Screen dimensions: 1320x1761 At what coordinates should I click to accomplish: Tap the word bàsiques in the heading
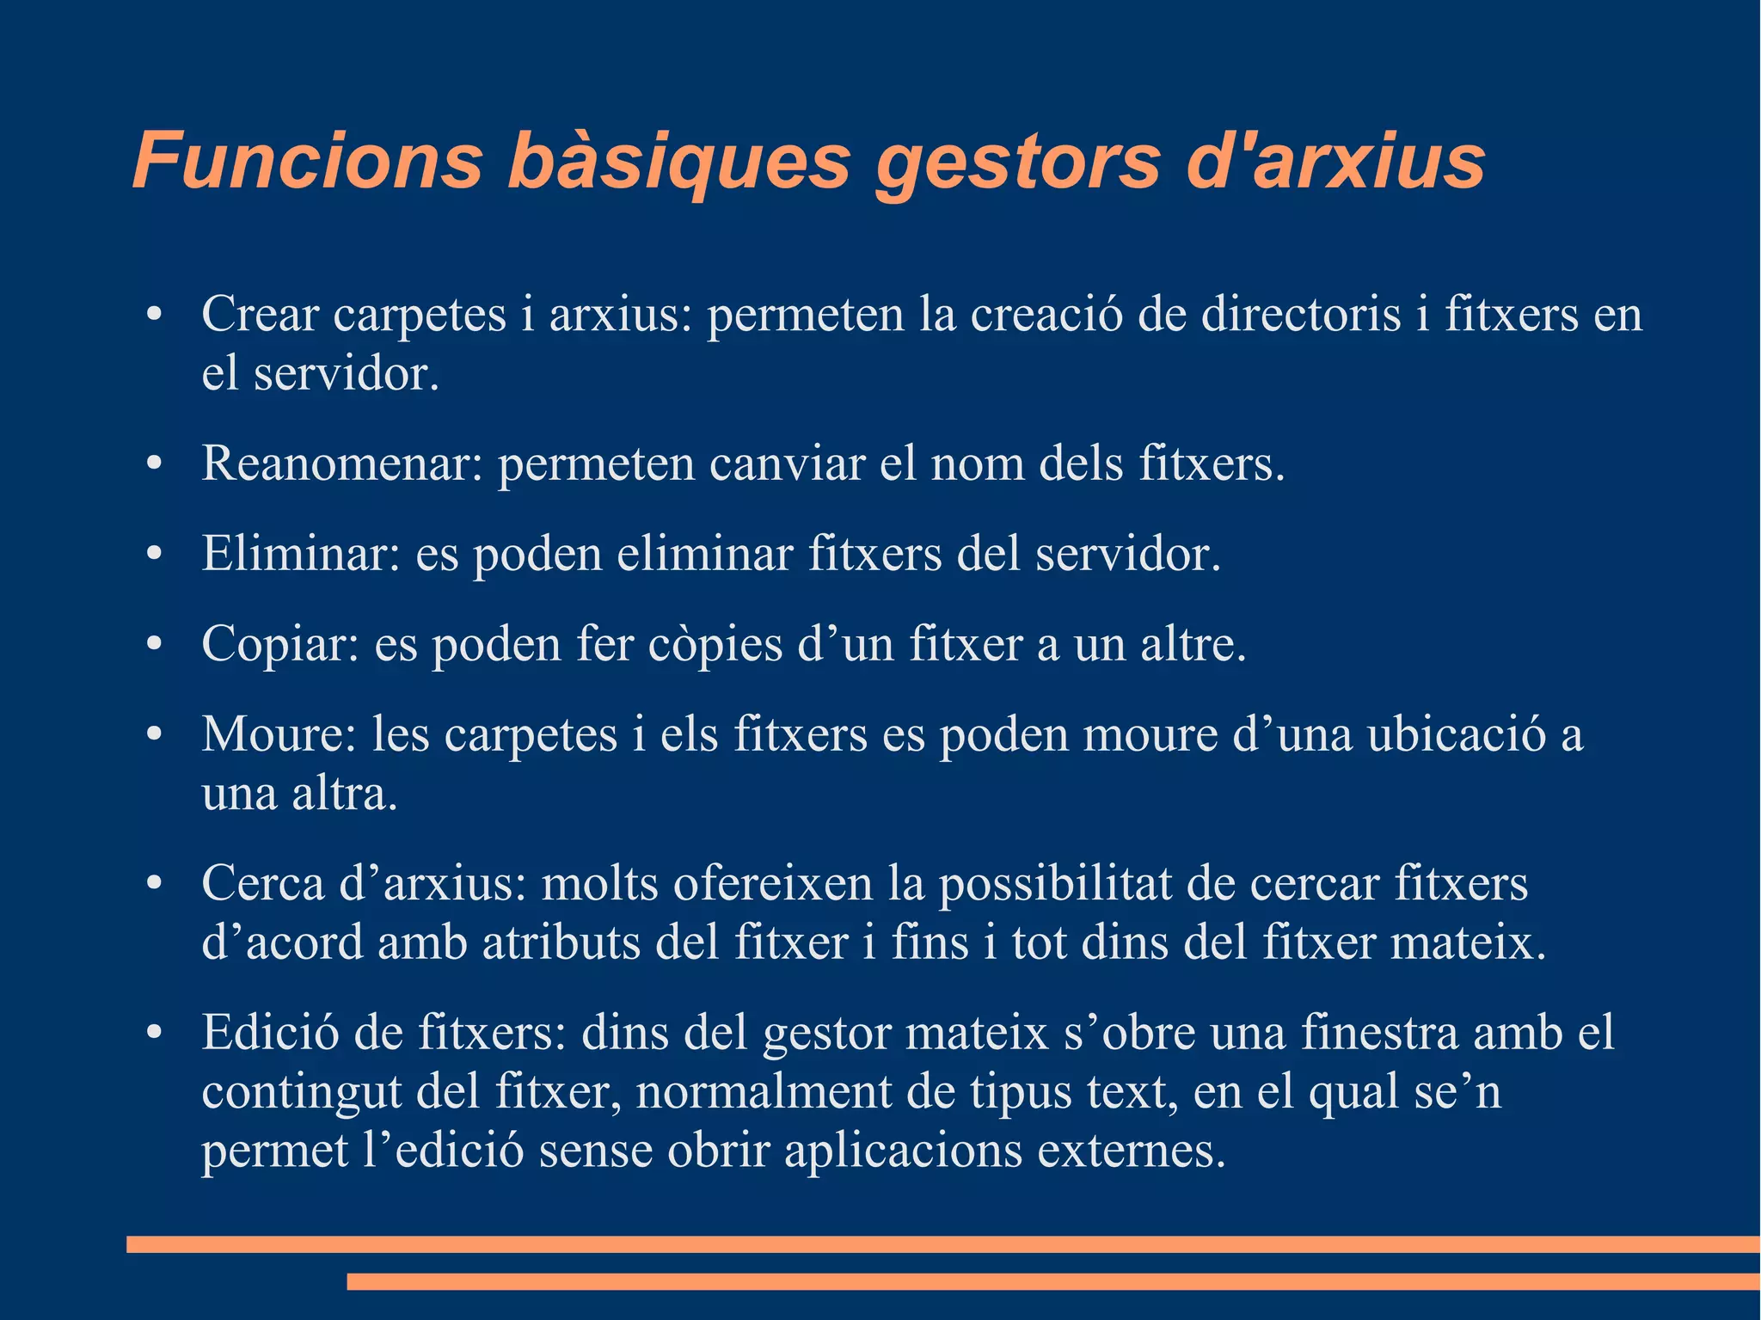679,161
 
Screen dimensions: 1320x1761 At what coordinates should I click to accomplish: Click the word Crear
260,314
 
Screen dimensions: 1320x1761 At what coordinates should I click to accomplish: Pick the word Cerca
262,883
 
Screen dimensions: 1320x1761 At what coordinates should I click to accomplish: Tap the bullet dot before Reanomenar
154,464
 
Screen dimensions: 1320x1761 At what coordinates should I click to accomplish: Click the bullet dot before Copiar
154,645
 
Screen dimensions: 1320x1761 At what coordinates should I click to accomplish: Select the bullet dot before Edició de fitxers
154,1033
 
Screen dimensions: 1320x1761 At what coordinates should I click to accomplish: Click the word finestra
1379,1032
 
